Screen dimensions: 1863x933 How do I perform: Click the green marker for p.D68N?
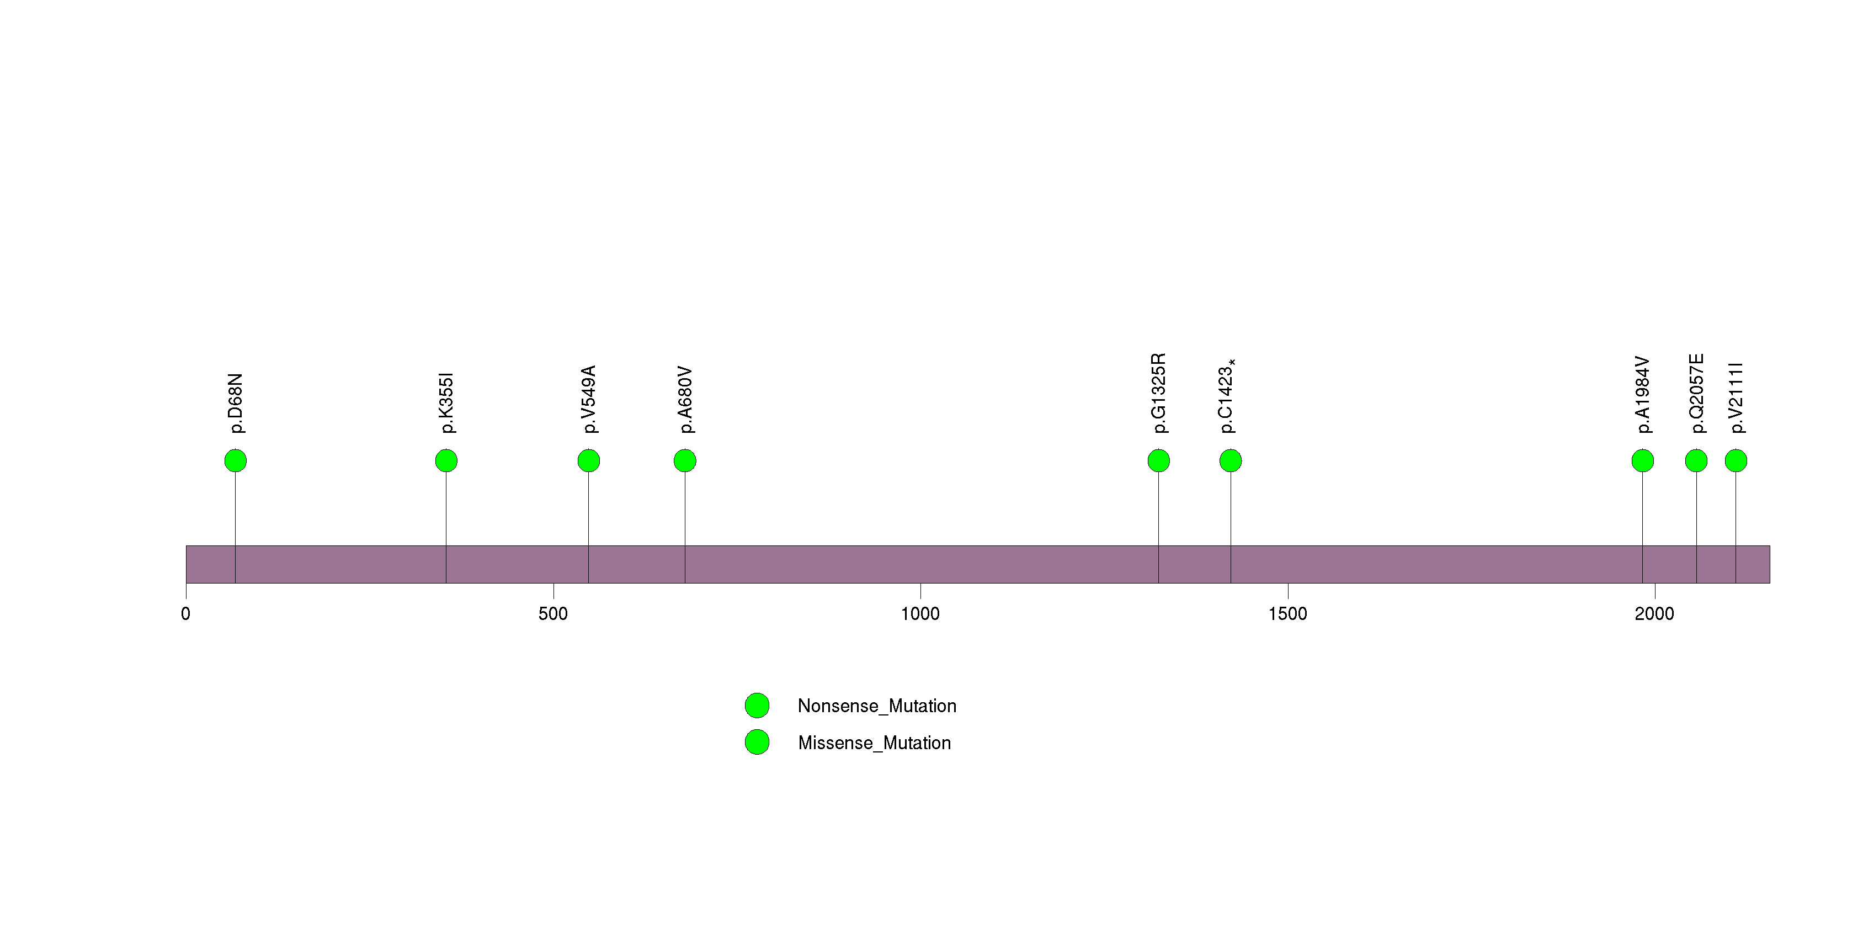(235, 461)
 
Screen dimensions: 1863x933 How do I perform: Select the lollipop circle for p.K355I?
(446, 461)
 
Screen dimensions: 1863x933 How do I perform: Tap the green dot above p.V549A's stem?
(589, 461)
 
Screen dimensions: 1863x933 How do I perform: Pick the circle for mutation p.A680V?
(685, 461)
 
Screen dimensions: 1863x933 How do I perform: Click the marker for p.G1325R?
(1159, 461)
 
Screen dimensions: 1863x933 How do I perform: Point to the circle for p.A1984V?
(1642, 461)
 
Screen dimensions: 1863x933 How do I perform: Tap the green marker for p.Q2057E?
(1696, 461)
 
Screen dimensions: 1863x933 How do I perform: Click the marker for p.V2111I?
(1736, 461)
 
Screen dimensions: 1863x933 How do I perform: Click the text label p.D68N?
(236, 404)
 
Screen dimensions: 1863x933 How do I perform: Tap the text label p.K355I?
(447, 404)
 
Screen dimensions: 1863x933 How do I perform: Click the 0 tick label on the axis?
(186, 614)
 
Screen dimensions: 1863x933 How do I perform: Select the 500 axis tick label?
(553, 614)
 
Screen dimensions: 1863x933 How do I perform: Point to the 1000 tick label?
(920, 614)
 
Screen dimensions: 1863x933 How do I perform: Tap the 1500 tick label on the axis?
(1288, 614)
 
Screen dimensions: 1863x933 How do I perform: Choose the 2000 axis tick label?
(1655, 614)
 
